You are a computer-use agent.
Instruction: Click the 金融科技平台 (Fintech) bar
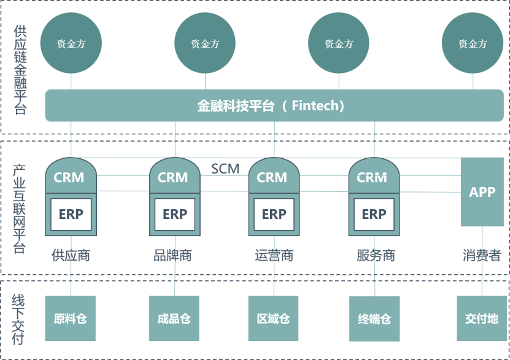(274, 105)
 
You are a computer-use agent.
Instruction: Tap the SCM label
(225, 169)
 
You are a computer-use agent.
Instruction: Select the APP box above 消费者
(482, 192)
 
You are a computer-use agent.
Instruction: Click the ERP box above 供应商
(71, 215)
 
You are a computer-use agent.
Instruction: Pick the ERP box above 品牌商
(175, 215)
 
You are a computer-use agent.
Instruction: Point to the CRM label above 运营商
(272, 177)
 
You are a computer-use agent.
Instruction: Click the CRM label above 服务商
(372, 177)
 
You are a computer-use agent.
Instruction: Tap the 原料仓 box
(70, 318)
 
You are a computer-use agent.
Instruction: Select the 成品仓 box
(174, 318)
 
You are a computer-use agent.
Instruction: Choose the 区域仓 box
(273, 318)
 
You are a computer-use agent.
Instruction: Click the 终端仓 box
(374, 319)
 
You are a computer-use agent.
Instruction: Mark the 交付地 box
(482, 318)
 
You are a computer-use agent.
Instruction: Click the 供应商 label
(71, 255)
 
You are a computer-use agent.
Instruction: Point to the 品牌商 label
(172, 255)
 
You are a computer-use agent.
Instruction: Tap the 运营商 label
(274, 255)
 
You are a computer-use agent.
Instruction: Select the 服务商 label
(376, 255)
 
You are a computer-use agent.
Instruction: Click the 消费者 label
(482, 255)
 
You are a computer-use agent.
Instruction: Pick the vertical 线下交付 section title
(18, 319)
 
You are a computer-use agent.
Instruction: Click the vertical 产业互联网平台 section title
(19, 209)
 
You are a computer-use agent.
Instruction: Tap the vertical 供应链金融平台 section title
(20, 70)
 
